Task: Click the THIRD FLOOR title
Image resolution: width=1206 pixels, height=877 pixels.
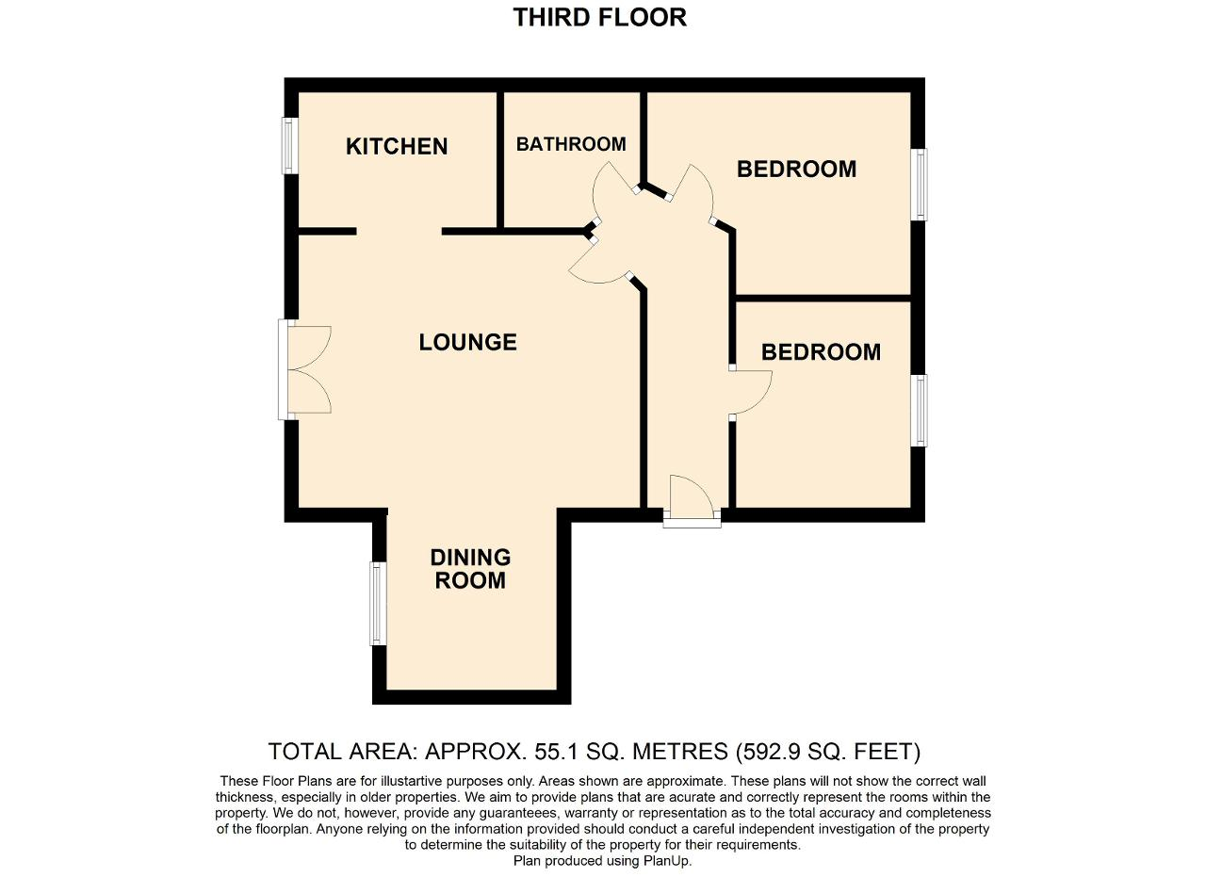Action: point(600,17)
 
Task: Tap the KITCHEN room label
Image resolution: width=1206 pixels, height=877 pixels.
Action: point(397,146)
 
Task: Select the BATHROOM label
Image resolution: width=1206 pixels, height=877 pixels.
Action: point(571,144)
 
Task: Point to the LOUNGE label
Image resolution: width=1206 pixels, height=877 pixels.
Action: point(468,342)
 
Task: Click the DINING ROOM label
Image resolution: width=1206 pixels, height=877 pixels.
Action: point(470,569)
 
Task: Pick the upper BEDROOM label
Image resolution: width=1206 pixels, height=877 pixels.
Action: point(797,169)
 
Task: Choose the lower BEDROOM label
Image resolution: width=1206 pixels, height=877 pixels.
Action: point(821,352)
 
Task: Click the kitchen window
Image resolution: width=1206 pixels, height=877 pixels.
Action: point(290,146)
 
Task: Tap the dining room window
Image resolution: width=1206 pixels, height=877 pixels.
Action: point(378,604)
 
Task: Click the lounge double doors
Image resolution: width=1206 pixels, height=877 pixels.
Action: point(304,370)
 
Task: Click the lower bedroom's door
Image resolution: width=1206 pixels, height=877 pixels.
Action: point(751,393)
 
